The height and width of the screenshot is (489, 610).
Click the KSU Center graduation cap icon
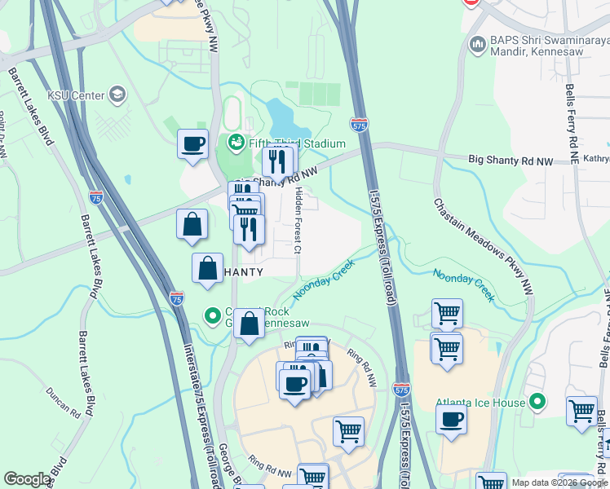(117, 95)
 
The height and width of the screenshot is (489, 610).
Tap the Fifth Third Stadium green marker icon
(236, 143)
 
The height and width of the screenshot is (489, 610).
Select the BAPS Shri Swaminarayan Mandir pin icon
(476, 42)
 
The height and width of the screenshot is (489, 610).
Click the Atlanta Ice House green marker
(537, 402)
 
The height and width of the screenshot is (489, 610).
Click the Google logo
(28, 479)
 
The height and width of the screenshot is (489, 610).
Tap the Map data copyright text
(559, 482)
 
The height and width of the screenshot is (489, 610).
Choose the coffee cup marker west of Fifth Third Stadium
(193, 145)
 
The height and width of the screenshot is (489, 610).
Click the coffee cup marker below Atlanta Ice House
(451, 421)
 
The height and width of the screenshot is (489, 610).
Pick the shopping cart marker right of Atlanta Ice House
(581, 411)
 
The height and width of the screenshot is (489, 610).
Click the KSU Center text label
(76, 95)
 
